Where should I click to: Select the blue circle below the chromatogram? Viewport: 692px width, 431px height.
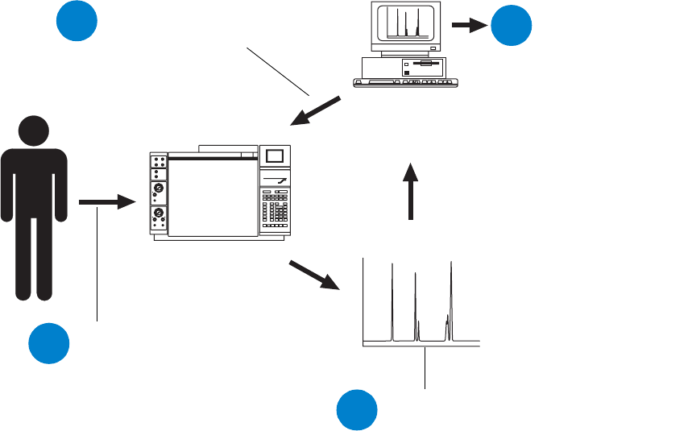[x=357, y=409]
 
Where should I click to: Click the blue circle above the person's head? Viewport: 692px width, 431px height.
[x=77, y=23]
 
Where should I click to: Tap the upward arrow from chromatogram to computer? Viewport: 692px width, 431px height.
[x=411, y=190]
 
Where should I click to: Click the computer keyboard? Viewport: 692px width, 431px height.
[x=405, y=82]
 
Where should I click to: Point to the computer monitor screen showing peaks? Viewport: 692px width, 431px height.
[x=405, y=23]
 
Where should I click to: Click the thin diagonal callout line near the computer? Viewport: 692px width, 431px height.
[x=278, y=72]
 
